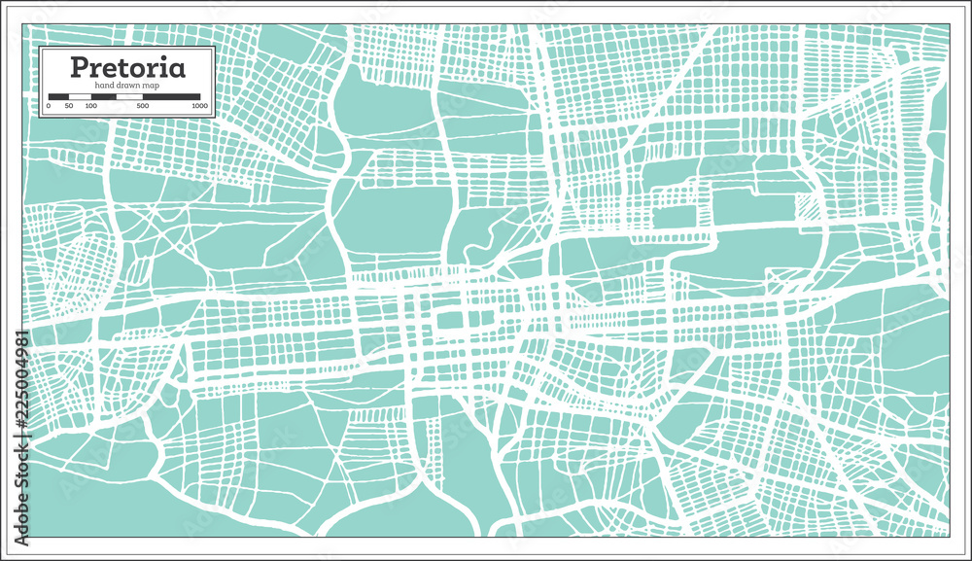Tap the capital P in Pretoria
point(78,70)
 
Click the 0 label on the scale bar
point(49,105)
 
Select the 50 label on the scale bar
point(69,105)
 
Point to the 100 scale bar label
point(90,105)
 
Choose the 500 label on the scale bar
point(144,105)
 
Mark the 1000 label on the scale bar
point(199,105)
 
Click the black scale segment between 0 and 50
point(58,97)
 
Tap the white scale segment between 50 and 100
point(80,97)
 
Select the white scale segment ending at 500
point(118,97)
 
